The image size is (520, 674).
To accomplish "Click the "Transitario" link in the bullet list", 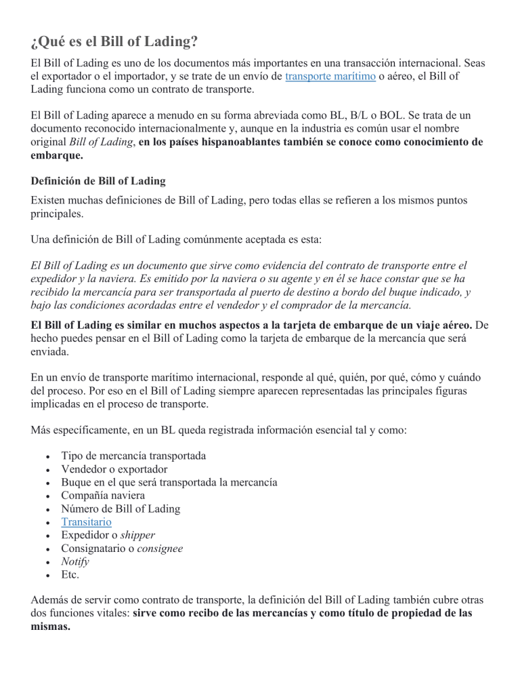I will coord(86,521).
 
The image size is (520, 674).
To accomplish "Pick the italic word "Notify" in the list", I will coord(74,561).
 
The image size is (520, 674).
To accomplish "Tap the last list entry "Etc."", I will coord(70,574).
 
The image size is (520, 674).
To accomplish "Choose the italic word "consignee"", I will coord(159,548).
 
